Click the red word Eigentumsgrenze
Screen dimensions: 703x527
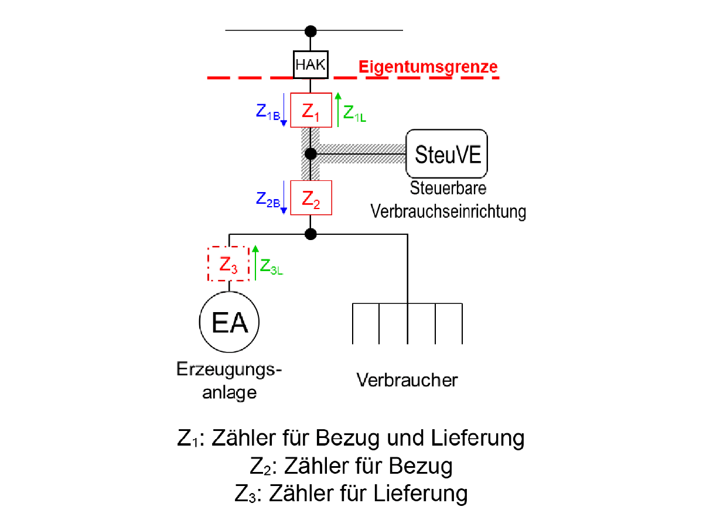[428, 67]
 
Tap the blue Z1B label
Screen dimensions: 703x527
[268, 112]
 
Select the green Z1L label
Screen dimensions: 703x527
[354, 114]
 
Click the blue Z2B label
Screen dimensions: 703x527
[268, 199]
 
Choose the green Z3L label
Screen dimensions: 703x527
[271, 266]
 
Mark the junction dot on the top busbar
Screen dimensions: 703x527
[310, 32]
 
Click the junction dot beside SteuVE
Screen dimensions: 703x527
[310, 154]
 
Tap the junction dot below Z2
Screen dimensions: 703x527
[310, 234]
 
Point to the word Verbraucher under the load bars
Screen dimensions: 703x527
[407, 380]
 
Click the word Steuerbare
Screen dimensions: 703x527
[448, 188]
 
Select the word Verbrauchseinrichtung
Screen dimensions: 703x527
[448, 211]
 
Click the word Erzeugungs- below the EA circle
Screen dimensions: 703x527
[229, 370]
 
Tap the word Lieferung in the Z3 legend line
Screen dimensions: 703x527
[420, 493]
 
